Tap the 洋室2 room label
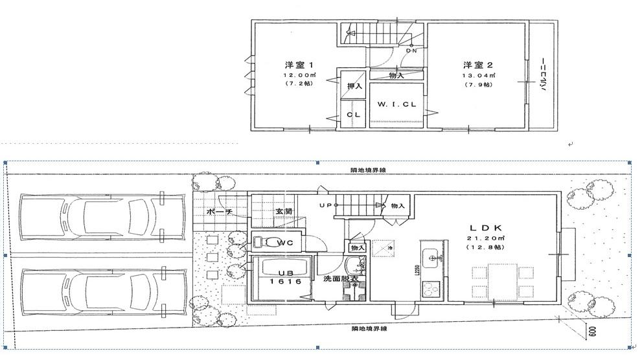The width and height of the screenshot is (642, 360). point(478,65)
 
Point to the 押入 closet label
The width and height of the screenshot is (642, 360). point(354,87)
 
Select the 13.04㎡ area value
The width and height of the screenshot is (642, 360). point(478,75)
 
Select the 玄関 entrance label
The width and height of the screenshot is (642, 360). point(284,211)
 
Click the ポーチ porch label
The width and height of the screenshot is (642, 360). point(219,212)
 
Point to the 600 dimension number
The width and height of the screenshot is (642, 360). point(592,333)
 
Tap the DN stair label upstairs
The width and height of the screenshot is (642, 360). point(411,50)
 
